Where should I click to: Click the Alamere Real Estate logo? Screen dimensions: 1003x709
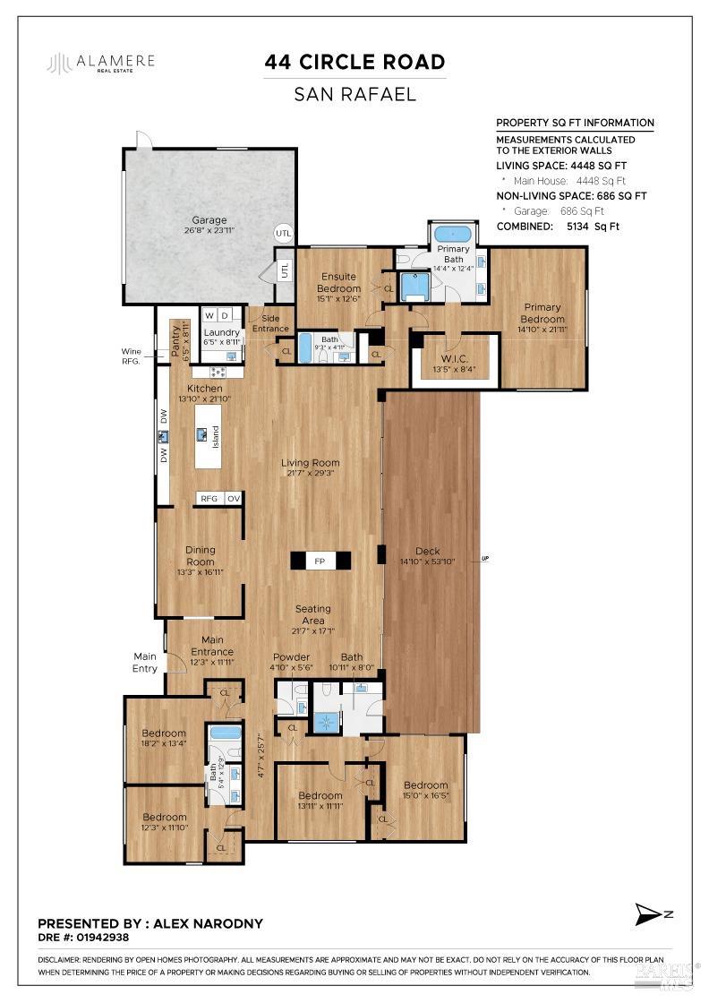[x=101, y=62]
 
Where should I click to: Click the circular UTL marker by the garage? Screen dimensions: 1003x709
[x=283, y=232]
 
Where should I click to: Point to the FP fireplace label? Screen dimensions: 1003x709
[x=319, y=562]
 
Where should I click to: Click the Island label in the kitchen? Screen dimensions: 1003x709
[x=216, y=437]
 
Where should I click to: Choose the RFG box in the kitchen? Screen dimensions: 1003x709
[x=209, y=499]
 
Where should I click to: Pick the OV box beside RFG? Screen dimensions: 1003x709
[x=233, y=499]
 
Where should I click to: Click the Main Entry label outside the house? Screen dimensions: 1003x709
[x=145, y=663]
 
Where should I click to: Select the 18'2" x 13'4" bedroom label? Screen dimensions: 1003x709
[x=163, y=738]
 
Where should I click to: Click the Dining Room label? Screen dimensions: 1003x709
[x=200, y=556]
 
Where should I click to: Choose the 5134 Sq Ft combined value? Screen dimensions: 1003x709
[x=593, y=227]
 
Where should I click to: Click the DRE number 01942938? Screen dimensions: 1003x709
[x=105, y=939]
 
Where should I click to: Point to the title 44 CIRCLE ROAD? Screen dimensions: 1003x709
[x=354, y=62]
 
